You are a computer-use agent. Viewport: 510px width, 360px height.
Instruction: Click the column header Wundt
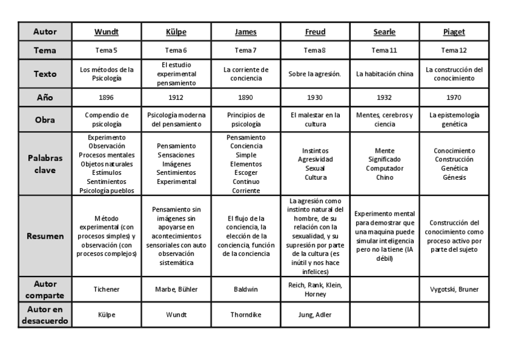tap(106, 32)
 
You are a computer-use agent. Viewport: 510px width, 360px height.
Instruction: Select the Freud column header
tap(315, 32)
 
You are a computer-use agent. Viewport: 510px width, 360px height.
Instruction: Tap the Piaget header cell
tap(454, 32)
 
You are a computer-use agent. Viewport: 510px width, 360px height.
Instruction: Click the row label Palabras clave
tap(45, 164)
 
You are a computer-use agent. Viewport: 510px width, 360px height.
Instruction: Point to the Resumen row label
tap(45, 236)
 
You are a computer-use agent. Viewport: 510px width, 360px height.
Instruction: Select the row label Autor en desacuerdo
tap(45, 314)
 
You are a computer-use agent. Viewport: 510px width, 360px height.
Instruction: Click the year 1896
tap(106, 97)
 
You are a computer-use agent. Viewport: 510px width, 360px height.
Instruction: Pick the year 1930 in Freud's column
tap(315, 97)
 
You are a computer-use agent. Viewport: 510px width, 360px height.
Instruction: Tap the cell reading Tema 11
tap(384, 50)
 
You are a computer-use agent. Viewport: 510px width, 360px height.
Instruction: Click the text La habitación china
tap(384, 75)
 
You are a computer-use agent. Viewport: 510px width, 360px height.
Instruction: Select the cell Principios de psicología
tap(245, 120)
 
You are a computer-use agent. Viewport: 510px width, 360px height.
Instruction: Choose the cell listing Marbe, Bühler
tap(176, 289)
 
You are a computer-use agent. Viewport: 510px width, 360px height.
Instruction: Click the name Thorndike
tap(245, 314)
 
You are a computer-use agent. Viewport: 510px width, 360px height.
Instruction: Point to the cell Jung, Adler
tap(315, 314)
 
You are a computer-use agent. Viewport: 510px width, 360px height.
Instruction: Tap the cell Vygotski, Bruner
tap(454, 289)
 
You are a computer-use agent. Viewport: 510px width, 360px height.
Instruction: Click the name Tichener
tap(106, 289)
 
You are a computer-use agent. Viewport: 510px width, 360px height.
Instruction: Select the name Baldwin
tap(245, 289)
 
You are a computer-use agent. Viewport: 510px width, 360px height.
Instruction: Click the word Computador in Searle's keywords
tap(384, 169)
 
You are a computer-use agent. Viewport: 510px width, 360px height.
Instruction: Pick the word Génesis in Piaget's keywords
tap(454, 178)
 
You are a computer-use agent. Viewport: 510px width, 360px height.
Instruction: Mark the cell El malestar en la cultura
tap(315, 120)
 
